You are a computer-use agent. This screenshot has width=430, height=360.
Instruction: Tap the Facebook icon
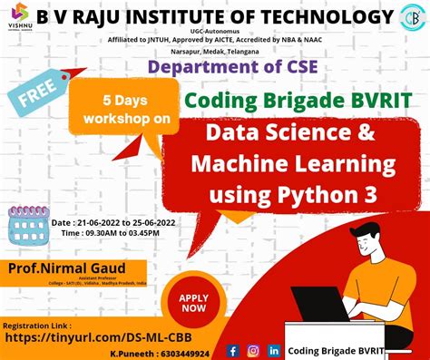pyautogui.click(x=232, y=350)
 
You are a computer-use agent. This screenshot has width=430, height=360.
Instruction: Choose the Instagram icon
pyautogui.click(x=252, y=350)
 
